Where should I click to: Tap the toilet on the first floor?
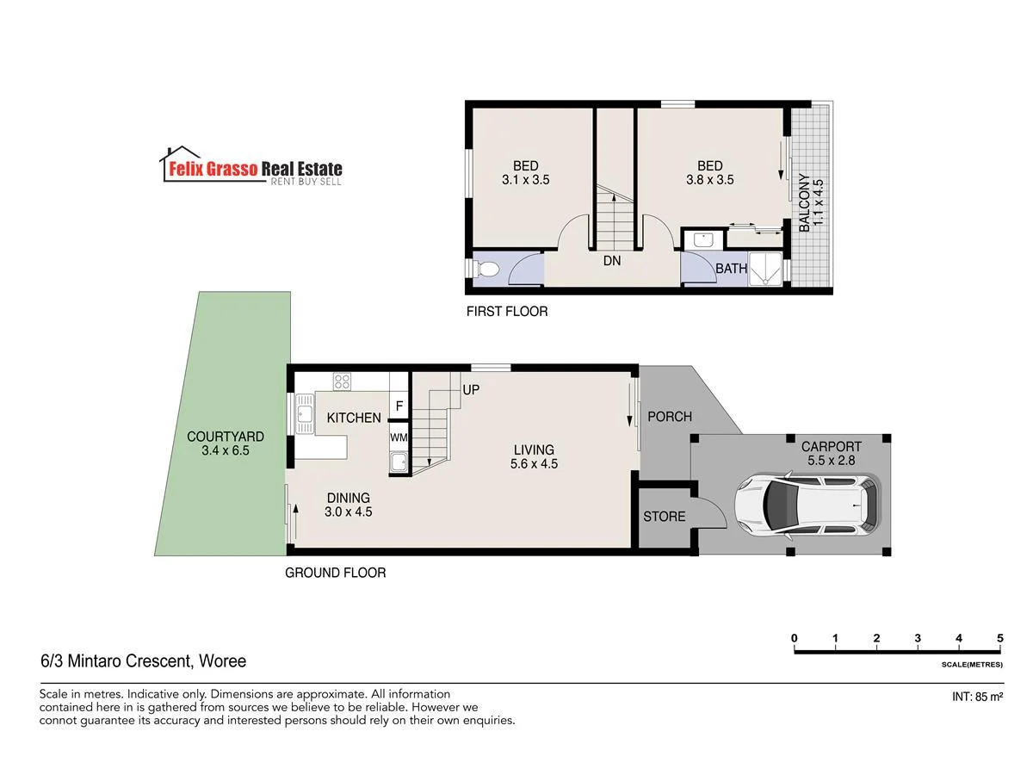pyautogui.click(x=486, y=270)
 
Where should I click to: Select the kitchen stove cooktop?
pyautogui.click(x=342, y=381)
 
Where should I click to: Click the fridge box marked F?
pyautogui.click(x=399, y=406)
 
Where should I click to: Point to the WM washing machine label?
pyautogui.click(x=399, y=437)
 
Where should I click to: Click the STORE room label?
pyautogui.click(x=665, y=517)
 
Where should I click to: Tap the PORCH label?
pyautogui.click(x=669, y=417)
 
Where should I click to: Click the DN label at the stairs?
pyautogui.click(x=612, y=259)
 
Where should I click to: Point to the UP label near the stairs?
pyautogui.click(x=471, y=390)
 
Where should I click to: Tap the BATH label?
pyautogui.click(x=731, y=269)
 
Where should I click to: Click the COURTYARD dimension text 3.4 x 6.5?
pyautogui.click(x=225, y=450)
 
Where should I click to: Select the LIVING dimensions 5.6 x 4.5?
pyautogui.click(x=534, y=463)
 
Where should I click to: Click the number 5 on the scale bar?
pyautogui.click(x=999, y=638)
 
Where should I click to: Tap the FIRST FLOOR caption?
pyautogui.click(x=506, y=312)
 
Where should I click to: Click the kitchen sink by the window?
pyautogui.click(x=304, y=413)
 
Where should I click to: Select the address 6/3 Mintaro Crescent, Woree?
pyautogui.click(x=143, y=661)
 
